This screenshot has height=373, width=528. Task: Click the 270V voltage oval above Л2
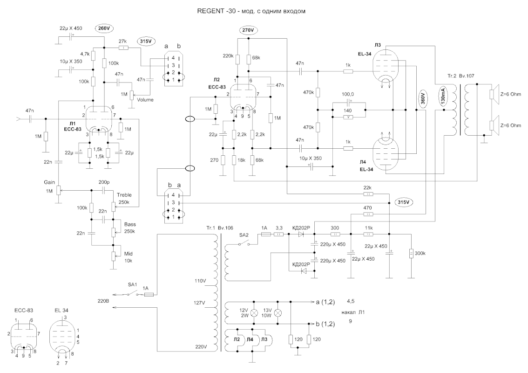click(248, 31)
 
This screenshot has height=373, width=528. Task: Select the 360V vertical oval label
click(423, 98)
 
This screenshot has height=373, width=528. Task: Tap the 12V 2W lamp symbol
click(255, 313)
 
